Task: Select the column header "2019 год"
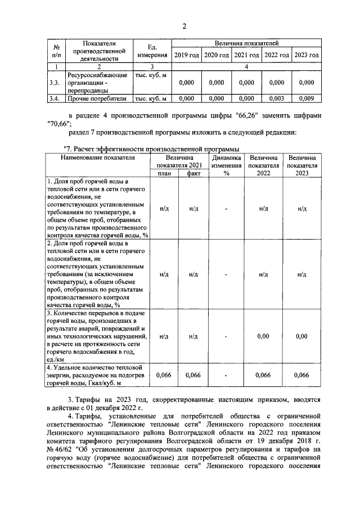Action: click(186, 55)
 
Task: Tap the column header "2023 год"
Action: click(307, 55)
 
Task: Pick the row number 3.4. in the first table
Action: click(54, 98)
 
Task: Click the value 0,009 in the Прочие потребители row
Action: click(307, 98)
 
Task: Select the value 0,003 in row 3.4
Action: click(277, 98)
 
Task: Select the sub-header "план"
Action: click(164, 173)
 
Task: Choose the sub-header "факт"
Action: click(193, 173)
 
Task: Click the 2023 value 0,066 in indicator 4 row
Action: click(302, 375)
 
